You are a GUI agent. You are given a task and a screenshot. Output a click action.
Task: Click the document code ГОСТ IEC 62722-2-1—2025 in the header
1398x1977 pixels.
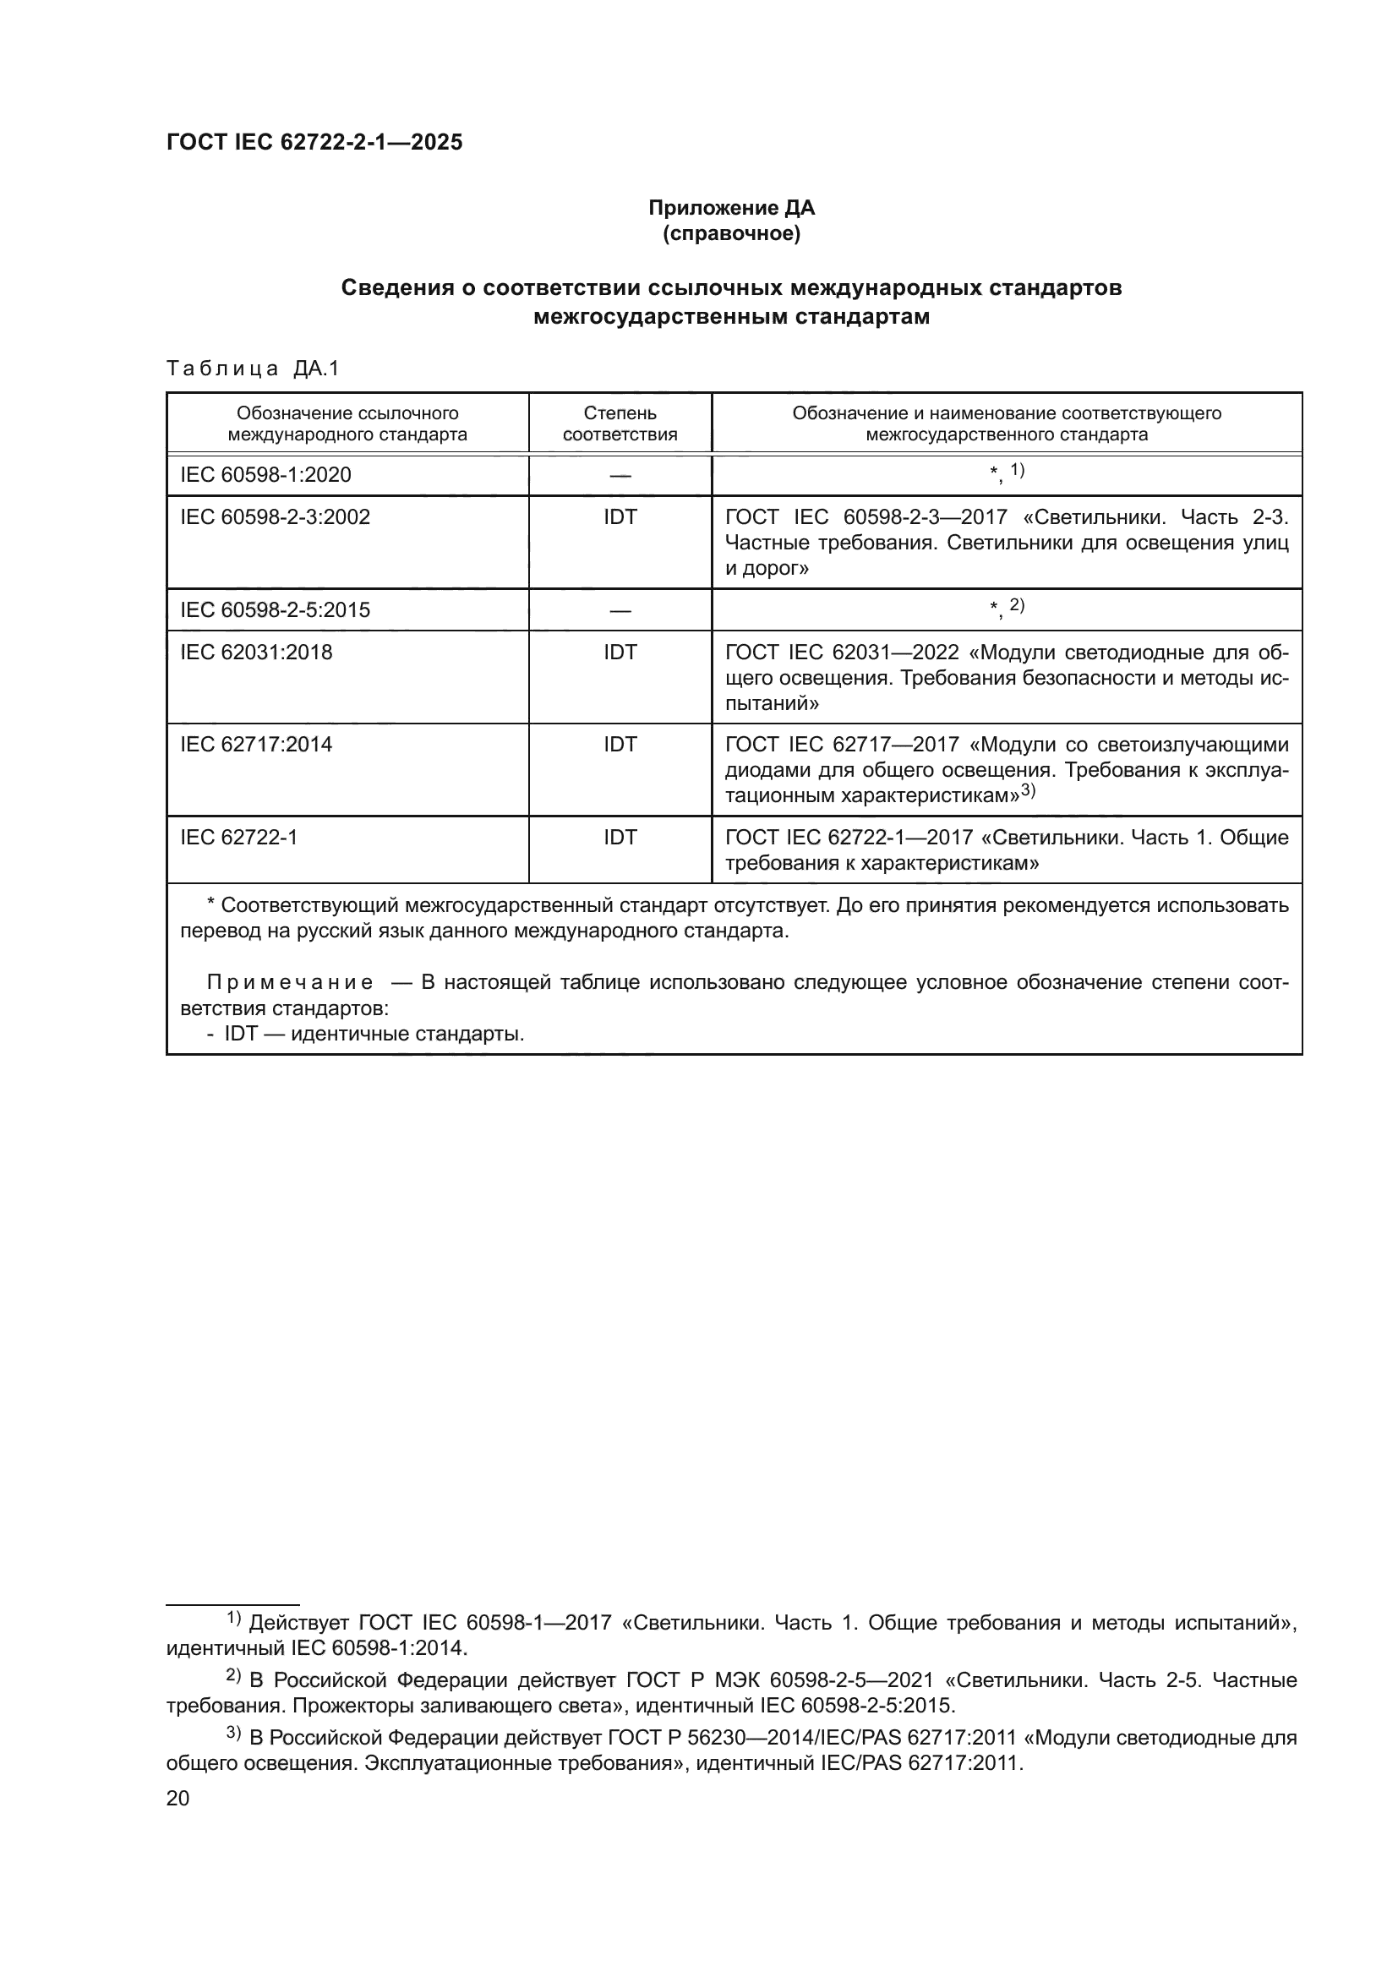[314, 143]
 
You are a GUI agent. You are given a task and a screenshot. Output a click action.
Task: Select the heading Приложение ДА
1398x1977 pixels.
[731, 209]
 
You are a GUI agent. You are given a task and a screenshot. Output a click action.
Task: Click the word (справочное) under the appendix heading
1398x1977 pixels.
[731, 234]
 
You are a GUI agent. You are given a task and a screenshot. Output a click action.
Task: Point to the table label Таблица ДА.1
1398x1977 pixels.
[253, 369]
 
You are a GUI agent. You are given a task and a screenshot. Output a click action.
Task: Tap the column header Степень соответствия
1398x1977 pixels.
[620, 423]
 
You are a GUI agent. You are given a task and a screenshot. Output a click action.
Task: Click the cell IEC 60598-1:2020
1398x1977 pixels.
[265, 475]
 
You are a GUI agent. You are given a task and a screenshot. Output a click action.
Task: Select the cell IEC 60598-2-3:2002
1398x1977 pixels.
[275, 517]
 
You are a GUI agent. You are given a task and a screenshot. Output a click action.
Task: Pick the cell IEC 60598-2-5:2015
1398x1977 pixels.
[275, 610]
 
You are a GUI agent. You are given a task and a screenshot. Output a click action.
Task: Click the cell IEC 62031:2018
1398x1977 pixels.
[255, 653]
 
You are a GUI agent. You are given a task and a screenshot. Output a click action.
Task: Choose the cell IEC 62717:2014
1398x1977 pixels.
[255, 745]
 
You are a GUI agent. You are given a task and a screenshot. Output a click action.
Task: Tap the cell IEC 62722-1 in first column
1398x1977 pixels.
[238, 838]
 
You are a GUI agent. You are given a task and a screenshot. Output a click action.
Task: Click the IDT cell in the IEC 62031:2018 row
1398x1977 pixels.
[620, 653]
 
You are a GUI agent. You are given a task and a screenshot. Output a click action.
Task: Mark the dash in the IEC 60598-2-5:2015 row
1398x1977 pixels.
[620, 611]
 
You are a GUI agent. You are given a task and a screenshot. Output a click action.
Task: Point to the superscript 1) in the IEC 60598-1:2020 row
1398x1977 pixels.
[1017, 470]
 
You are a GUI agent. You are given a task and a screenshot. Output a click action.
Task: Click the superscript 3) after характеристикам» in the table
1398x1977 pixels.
[1028, 791]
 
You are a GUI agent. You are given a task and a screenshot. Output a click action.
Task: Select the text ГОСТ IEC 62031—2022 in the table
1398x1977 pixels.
[842, 653]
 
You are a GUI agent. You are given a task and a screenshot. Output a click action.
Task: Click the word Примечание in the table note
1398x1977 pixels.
[290, 983]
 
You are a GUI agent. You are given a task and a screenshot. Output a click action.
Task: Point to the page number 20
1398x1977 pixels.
[177, 1792]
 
